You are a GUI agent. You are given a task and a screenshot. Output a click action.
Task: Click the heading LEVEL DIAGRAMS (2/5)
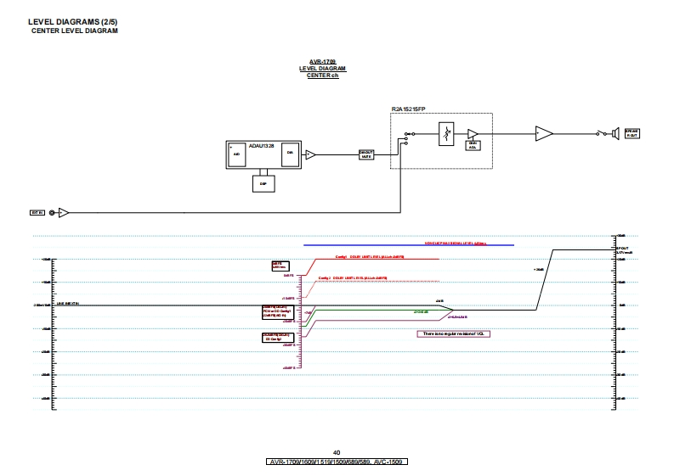(x=62, y=21)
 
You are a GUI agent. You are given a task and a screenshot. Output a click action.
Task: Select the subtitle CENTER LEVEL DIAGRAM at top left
(x=75, y=31)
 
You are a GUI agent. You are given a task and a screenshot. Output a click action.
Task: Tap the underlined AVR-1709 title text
(x=323, y=62)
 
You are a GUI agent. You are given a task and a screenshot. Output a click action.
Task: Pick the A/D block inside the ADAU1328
(x=237, y=154)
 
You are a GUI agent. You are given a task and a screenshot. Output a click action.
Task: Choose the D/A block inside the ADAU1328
(x=290, y=153)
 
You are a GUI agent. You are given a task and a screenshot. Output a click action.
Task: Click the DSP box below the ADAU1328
(x=263, y=182)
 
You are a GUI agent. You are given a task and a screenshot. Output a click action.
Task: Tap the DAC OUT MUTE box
(x=366, y=154)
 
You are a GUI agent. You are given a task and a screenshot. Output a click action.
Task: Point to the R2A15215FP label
(x=408, y=109)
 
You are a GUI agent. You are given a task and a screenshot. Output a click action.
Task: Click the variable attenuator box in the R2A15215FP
(x=446, y=134)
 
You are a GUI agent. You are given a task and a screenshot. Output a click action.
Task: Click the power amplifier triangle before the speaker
(x=543, y=133)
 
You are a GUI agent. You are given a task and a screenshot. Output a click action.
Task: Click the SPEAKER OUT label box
(x=632, y=133)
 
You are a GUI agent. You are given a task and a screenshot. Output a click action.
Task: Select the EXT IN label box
(x=37, y=212)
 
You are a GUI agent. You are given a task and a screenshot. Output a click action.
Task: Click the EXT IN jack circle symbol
(x=53, y=212)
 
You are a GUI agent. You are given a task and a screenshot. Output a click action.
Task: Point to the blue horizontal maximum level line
(x=408, y=245)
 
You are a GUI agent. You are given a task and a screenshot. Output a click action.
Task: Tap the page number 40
(x=337, y=453)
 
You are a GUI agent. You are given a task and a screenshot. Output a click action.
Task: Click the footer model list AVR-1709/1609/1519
(x=337, y=462)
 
